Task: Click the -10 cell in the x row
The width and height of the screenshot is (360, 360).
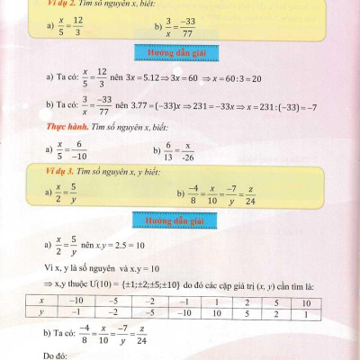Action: (76, 300)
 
